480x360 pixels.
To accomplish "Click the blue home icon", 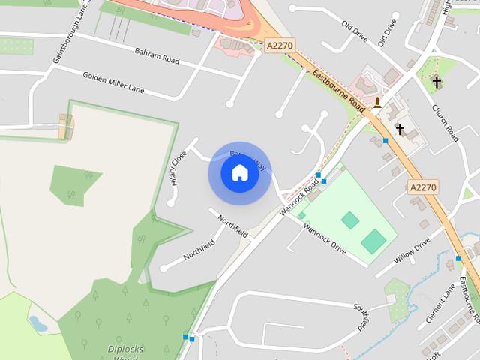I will click(x=239, y=173).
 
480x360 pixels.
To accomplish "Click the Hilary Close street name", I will click(x=178, y=168).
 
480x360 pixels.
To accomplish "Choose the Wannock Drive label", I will click(x=325, y=238).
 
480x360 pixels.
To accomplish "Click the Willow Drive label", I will click(x=412, y=250).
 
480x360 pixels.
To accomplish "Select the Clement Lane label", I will click(x=440, y=303).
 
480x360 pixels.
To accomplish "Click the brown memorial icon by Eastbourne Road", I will click(x=377, y=102).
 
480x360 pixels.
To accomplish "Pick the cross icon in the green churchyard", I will click(x=436, y=82).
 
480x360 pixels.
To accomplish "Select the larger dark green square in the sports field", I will click(x=373, y=241).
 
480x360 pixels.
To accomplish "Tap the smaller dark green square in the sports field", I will click(x=349, y=220).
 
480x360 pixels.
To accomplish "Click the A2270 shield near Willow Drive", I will click(x=423, y=186).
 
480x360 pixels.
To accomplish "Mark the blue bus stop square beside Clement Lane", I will click(x=458, y=259).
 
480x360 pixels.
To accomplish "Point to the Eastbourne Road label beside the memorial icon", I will click(x=340, y=93).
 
